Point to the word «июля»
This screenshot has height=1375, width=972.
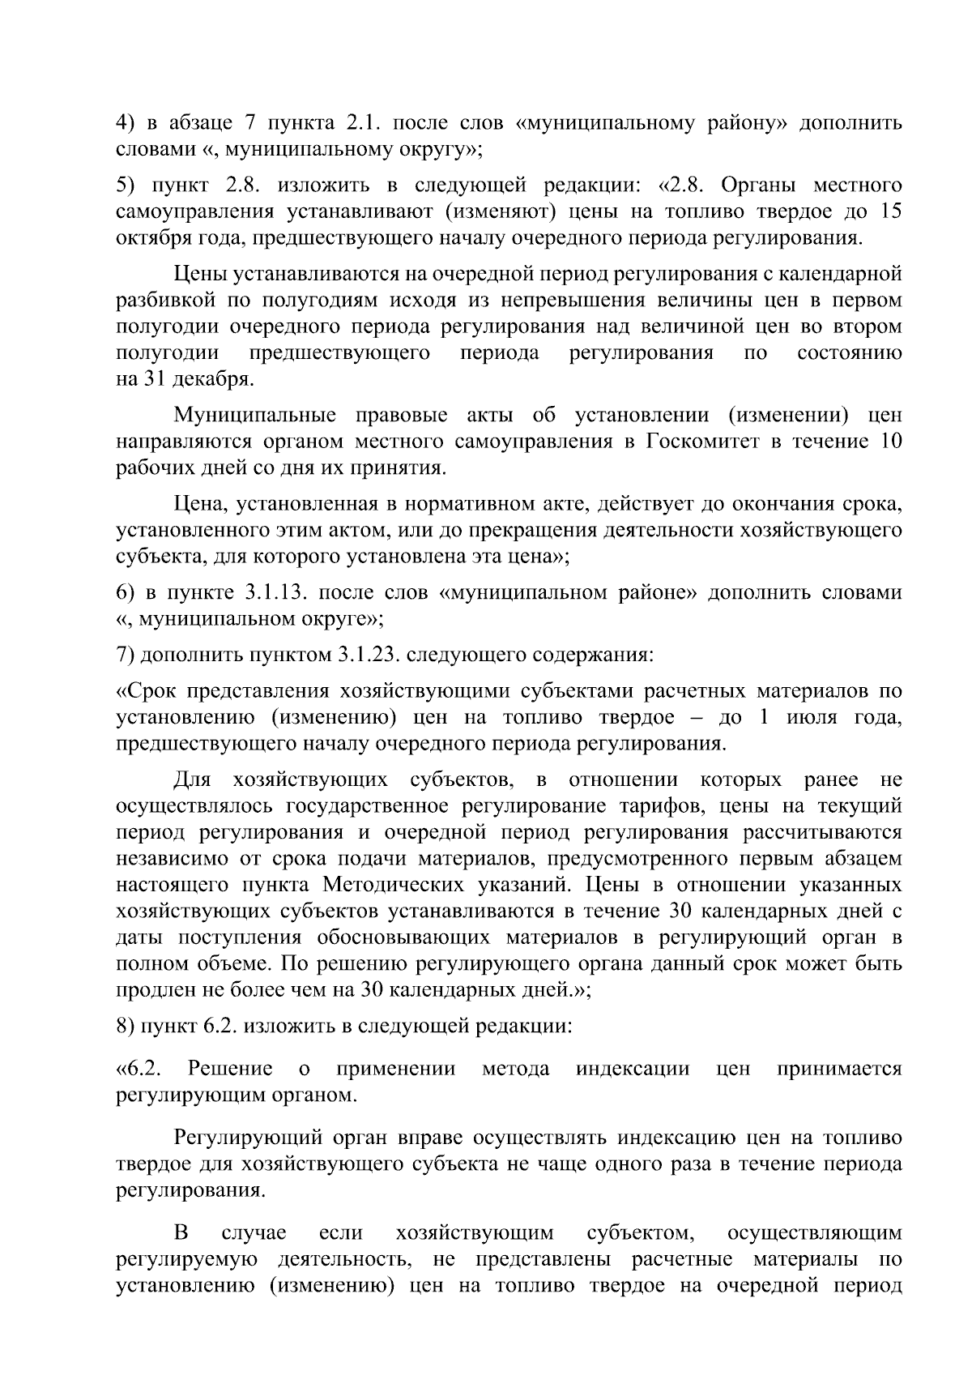(x=815, y=717)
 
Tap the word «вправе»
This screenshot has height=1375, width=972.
(x=432, y=1138)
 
